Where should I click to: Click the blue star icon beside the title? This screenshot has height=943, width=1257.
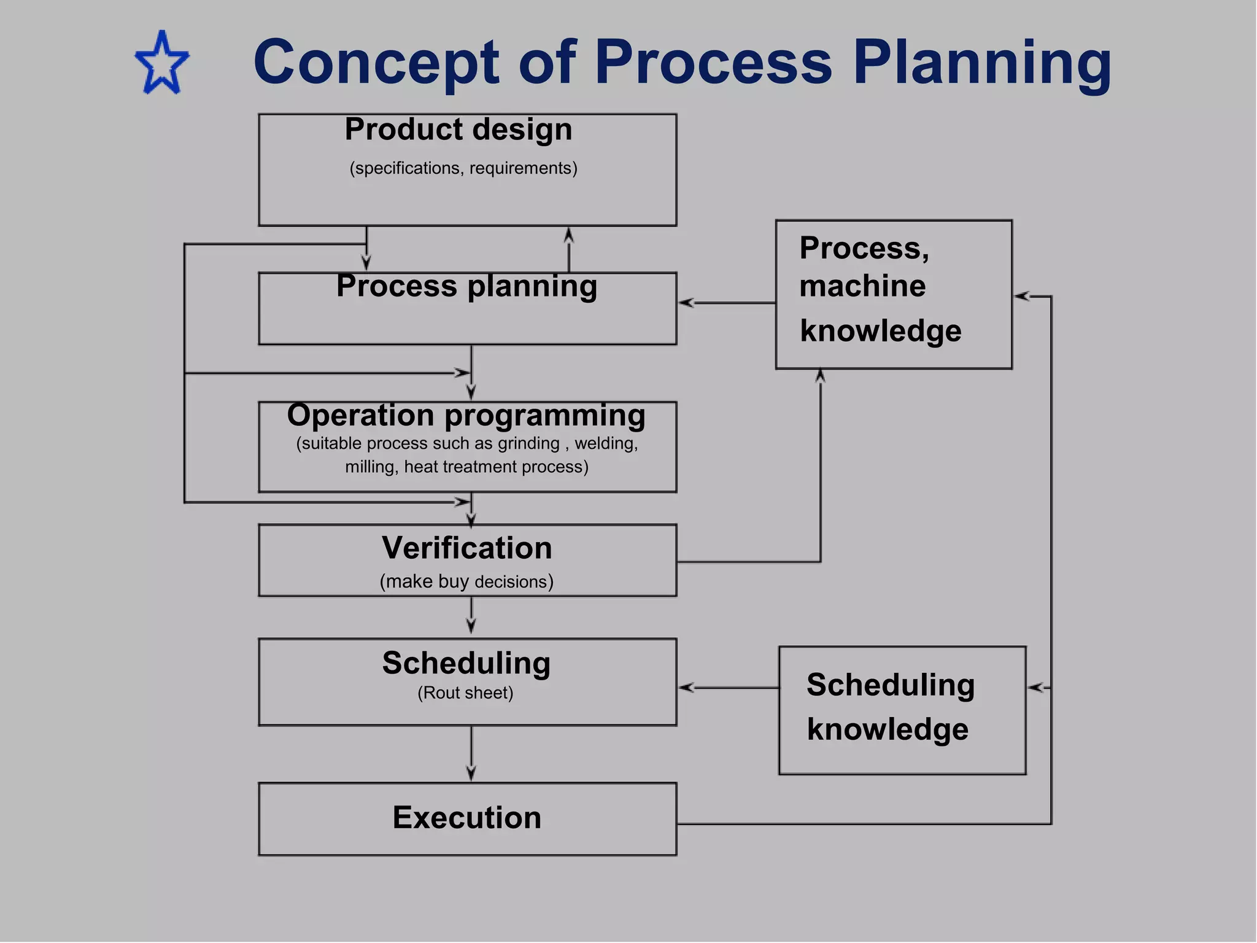click(x=162, y=64)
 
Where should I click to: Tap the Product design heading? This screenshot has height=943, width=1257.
click(x=458, y=130)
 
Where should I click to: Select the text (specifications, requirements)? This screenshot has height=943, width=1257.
click(x=463, y=168)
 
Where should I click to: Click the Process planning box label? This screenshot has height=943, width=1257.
click(x=466, y=286)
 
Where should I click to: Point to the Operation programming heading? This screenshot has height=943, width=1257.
click(x=466, y=416)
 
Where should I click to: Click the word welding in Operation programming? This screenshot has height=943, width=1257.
click(x=605, y=443)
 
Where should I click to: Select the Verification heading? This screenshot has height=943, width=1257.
click(x=466, y=548)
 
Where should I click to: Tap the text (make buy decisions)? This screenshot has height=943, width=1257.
click(x=466, y=581)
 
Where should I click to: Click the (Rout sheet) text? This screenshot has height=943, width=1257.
click(x=465, y=693)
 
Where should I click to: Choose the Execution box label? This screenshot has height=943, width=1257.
click(x=466, y=818)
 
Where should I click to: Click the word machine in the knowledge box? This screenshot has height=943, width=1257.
click(x=862, y=286)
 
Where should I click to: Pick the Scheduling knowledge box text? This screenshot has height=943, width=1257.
click(x=889, y=707)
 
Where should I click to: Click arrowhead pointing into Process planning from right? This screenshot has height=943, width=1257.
click(x=687, y=303)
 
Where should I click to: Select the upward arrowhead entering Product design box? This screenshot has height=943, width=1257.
click(x=569, y=235)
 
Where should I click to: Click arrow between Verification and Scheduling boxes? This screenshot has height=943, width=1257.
click(x=471, y=616)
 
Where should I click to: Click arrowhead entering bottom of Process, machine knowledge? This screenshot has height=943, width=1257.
click(x=820, y=376)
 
